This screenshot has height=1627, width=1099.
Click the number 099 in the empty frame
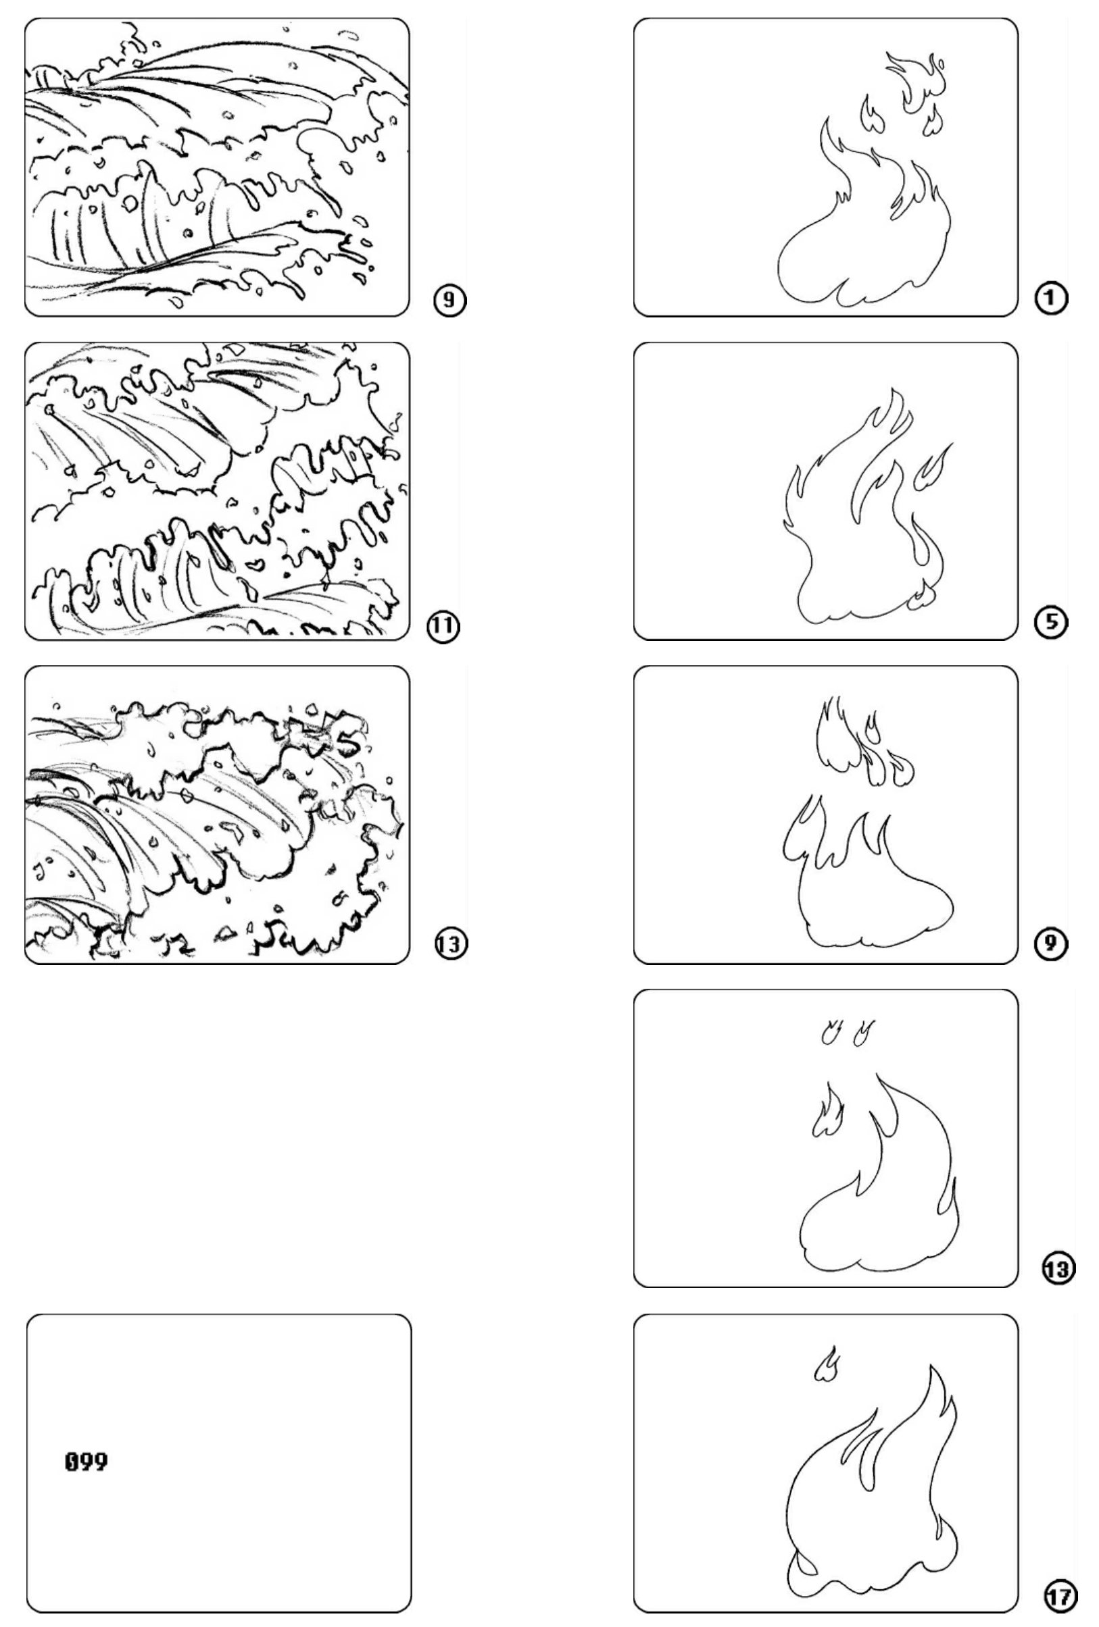(86, 1462)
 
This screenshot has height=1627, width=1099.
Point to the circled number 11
(443, 626)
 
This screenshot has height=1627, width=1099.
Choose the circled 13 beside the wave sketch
(449, 945)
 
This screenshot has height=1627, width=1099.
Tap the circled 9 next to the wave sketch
(448, 301)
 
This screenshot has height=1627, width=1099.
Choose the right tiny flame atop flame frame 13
(863, 1033)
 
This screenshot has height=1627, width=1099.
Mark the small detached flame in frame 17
(827, 1364)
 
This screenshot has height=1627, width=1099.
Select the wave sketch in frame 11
(217, 490)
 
